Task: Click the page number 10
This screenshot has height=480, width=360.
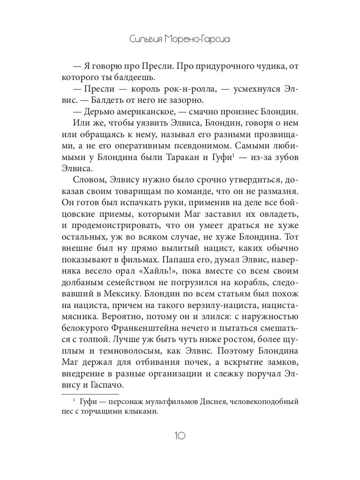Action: [180, 436]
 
